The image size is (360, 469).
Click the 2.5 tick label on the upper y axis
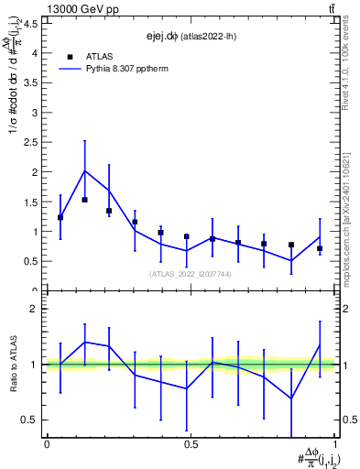click(29, 142)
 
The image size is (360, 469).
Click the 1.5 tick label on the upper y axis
click(29, 202)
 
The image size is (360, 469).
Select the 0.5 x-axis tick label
click(191, 444)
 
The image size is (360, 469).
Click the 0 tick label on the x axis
click(46, 444)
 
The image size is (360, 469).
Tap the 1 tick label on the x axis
click(335, 444)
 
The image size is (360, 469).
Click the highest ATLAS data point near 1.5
click(85, 200)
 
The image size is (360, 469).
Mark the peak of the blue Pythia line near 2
click(85, 170)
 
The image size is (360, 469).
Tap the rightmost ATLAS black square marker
click(320, 248)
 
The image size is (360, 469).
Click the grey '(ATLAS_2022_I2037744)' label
click(191, 274)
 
